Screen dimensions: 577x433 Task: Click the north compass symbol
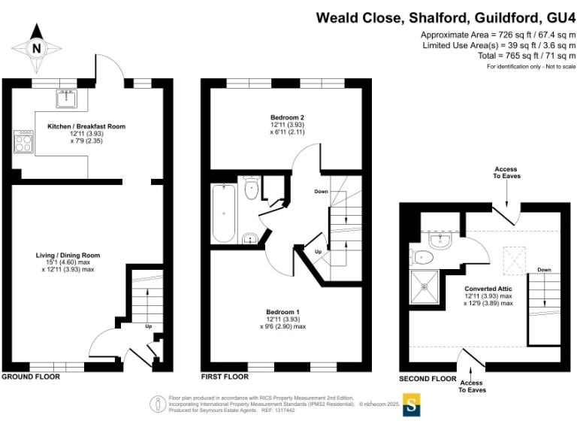click(x=35, y=47)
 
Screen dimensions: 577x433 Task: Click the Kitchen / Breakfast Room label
click(x=86, y=126)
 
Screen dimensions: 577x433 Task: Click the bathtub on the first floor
click(x=224, y=213)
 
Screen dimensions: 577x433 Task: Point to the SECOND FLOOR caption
click(x=427, y=379)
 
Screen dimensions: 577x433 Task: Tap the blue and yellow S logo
click(x=412, y=404)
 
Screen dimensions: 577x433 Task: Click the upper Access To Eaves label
click(x=506, y=173)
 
